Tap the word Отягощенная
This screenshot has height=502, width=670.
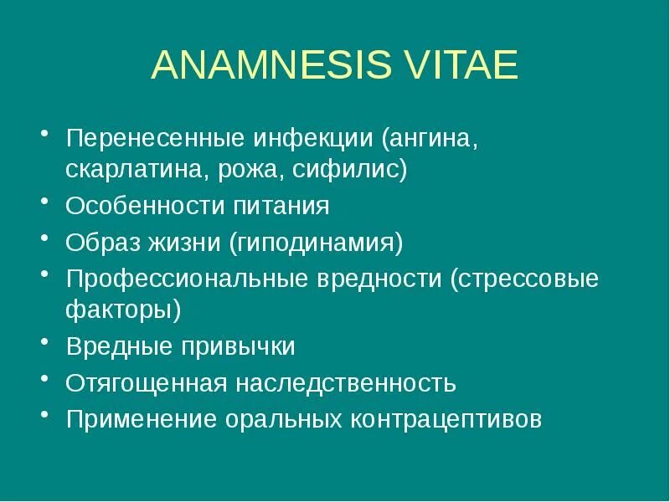pos(147,383)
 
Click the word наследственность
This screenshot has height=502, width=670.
pos(345,383)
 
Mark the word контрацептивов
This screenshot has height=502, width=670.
pos(446,419)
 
